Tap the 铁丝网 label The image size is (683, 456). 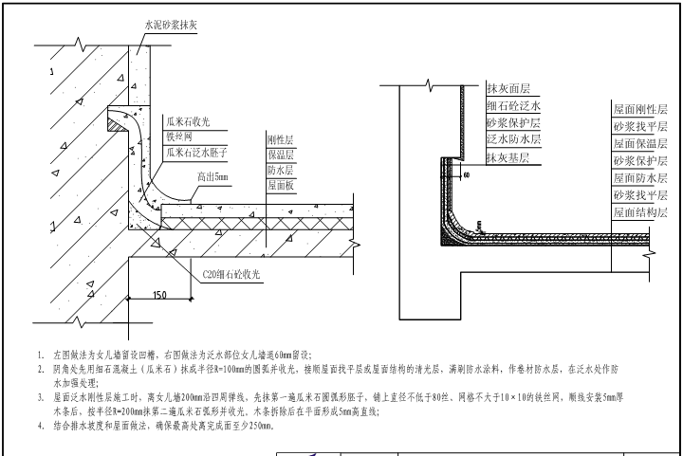click(179, 137)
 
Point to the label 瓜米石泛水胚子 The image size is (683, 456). click(197, 152)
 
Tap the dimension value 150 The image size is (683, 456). click(162, 295)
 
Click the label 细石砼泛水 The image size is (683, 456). click(512, 106)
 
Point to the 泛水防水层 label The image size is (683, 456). click(512, 140)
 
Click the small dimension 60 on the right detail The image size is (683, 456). click(467, 175)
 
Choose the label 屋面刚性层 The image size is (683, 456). click(640, 109)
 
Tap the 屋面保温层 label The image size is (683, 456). click(640, 143)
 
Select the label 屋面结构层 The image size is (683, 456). click(640, 212)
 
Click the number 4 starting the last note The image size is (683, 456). click(41, 426)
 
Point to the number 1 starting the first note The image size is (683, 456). click(41, 352)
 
